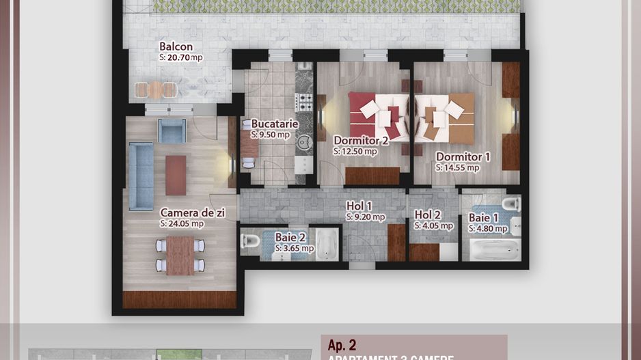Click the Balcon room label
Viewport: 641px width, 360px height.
[176, 47]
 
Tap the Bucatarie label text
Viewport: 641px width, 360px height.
[274, 124]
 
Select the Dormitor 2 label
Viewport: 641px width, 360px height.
[361, 141]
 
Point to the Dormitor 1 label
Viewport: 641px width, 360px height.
[463, 156]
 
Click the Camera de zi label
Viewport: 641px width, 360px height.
[192, 213]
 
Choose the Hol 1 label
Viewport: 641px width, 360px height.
[359, 206]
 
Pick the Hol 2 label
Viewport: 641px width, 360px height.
[427, 214]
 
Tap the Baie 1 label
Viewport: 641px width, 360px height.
[484, 218]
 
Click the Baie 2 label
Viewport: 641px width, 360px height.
[290, 237]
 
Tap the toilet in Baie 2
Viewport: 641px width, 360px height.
[249, 241]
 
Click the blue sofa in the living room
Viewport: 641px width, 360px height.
[141, 175]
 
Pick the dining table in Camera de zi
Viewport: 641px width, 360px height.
[180, 255]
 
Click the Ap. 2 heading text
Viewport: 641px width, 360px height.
[342, 346]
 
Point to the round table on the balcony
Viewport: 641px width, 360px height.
[156, 89]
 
